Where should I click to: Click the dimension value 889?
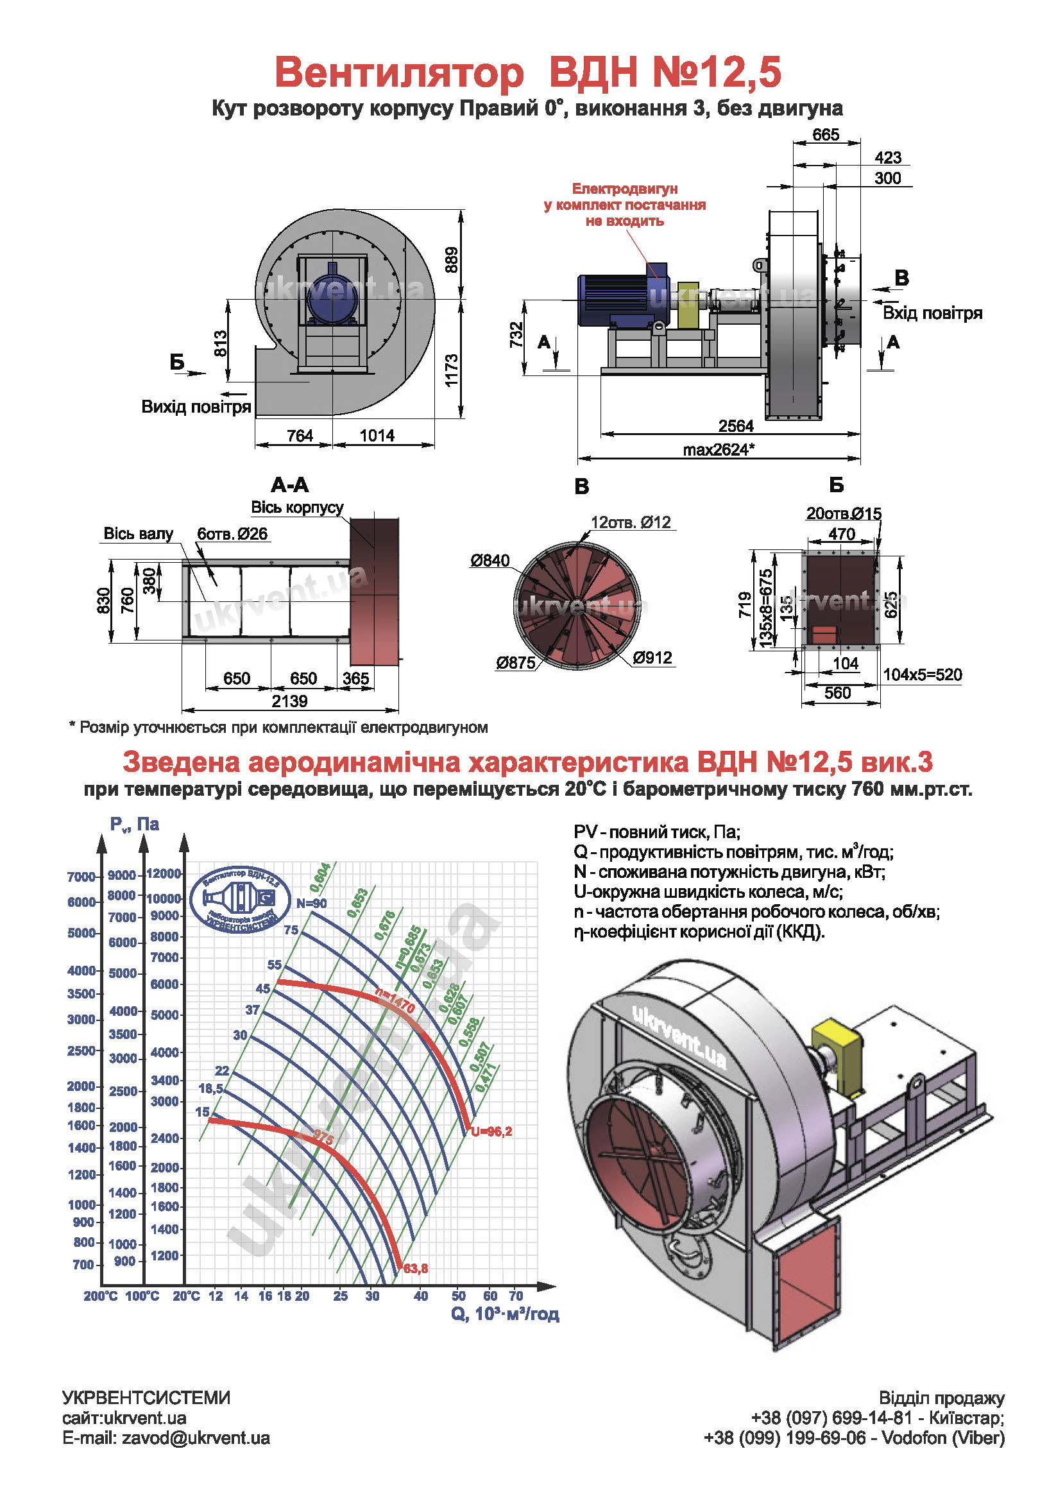pyautogui.click(x=451, y=260)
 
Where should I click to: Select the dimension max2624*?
pyautogui.click(x=719, y=449)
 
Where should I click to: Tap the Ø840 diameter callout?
pyautogui.click(x=490, y=560)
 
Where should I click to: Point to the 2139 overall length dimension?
pyautogui.click(x=289, y=701)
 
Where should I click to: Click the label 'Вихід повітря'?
pyautogui.click(x=196, y=407)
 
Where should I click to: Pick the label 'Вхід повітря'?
pyautogui.click(x=932, y=313)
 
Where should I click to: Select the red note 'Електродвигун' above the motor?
pyautogui.click(x=625, y=188)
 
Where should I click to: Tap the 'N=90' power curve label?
pyautogui.click(x=312, y=903)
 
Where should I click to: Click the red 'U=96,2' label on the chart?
pyautogui.click(x=491, y=1131)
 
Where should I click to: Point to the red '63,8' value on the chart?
pyautogui.click(x=416, y=1268)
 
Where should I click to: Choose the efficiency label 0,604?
pyautogui.click(x=320, y=878)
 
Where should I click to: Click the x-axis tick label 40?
pyautogui.click(x=421, y=1296)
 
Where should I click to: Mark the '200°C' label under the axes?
pyautogui.click(x=101, y=1296)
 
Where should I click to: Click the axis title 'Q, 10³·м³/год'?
pyautogui.click(x=505, y=1314)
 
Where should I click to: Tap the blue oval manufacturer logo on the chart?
pyautogui.click(x=240, y=900)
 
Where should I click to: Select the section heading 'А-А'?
pyautogui.click(x=289, y=485)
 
